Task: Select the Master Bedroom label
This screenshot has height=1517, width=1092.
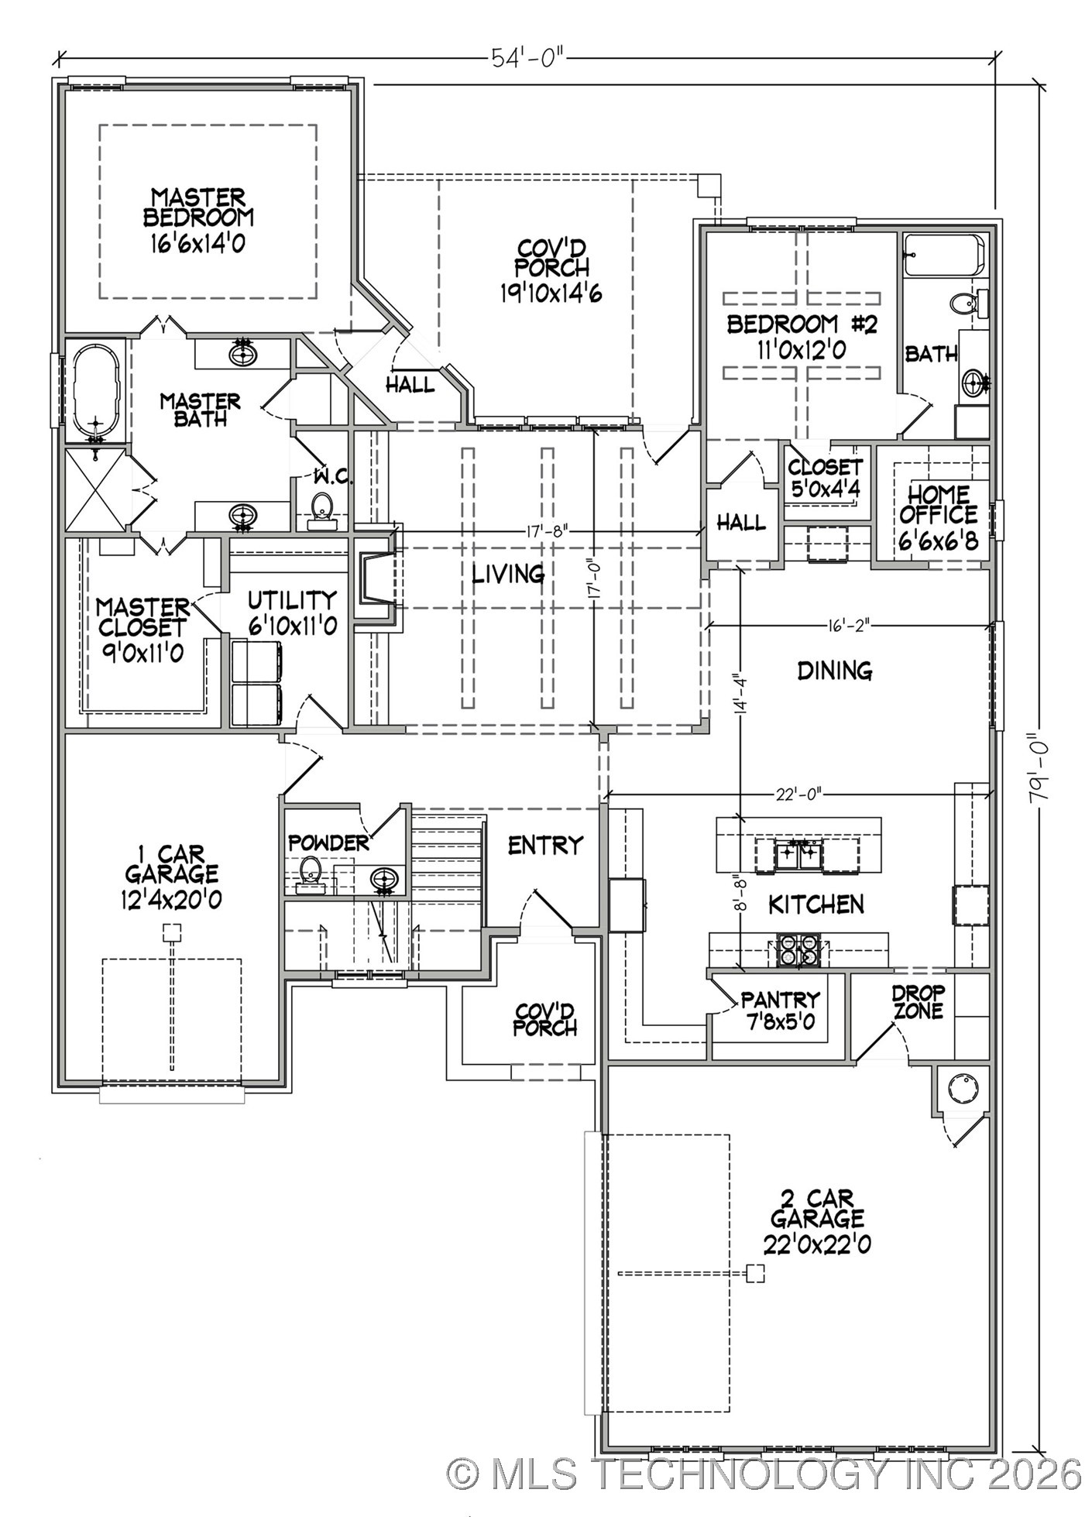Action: (x=198, y=219)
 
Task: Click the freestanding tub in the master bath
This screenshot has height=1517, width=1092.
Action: (x=97, y=392)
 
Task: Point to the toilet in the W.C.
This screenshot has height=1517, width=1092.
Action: (x=321, y=510)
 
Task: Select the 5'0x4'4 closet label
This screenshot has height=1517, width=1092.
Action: (x=825, y=478)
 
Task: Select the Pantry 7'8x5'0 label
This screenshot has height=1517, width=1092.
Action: (x=779, y=1011)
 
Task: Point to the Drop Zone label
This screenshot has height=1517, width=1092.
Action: (x=918, y=1002)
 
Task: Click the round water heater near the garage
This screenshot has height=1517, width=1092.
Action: (x=963, y=1089)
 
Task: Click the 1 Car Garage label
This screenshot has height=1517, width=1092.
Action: (x=172, y=877)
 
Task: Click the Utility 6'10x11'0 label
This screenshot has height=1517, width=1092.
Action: (x=292, y=612)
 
